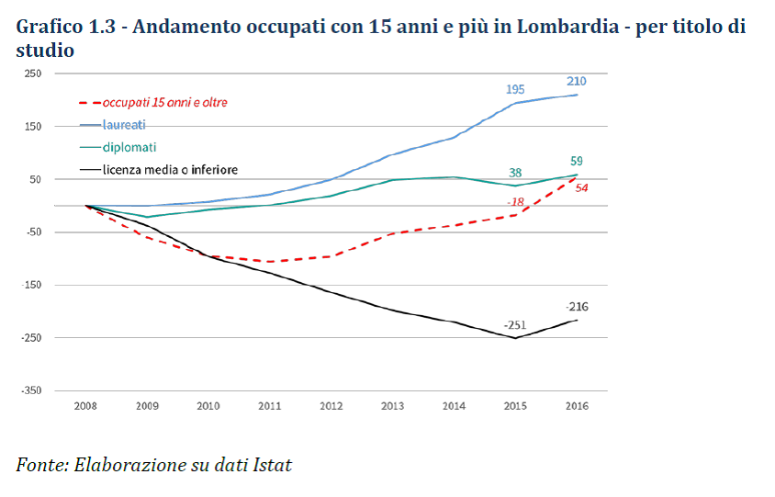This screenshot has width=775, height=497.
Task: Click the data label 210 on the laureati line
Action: (576, 81)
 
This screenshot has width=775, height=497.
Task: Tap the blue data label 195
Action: (515, 89)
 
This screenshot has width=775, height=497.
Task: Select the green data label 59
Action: (576, 162)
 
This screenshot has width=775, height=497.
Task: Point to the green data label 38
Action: (515, 172)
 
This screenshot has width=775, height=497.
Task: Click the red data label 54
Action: (581, 187)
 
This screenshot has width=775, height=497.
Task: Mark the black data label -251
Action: (515, 325)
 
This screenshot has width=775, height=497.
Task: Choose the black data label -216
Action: (577, 307)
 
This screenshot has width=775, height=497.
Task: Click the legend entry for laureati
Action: (124, 124)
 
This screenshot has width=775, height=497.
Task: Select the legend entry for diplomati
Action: (129, 147)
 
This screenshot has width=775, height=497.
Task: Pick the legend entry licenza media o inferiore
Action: (170, 169)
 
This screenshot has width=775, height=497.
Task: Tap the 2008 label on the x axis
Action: (85, 406)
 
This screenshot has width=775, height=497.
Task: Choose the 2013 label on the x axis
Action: (393, 406)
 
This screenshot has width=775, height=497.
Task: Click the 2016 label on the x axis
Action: (577, 406)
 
